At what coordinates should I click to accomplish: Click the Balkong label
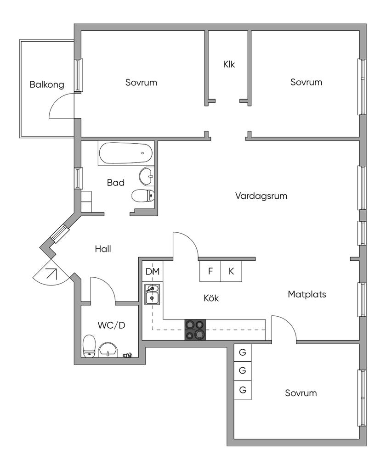tap(47, 85)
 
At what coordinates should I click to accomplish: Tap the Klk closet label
tap(229, 65)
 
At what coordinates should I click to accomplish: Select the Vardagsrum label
tap(261, 196)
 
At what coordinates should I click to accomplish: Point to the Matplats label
tap(307, 294)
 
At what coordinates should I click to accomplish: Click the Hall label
tap(103, 249)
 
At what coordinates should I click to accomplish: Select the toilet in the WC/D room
tap(89, 346)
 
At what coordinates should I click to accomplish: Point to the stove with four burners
tap(195, 330)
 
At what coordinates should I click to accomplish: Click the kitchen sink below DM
tap(152, 295)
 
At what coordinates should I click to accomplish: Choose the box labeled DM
tap(153, 272)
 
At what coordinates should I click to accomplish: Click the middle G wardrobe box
tap(243, 370)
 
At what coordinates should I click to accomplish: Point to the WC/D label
tap(111, 325)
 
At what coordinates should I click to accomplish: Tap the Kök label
tap(211, 298)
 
